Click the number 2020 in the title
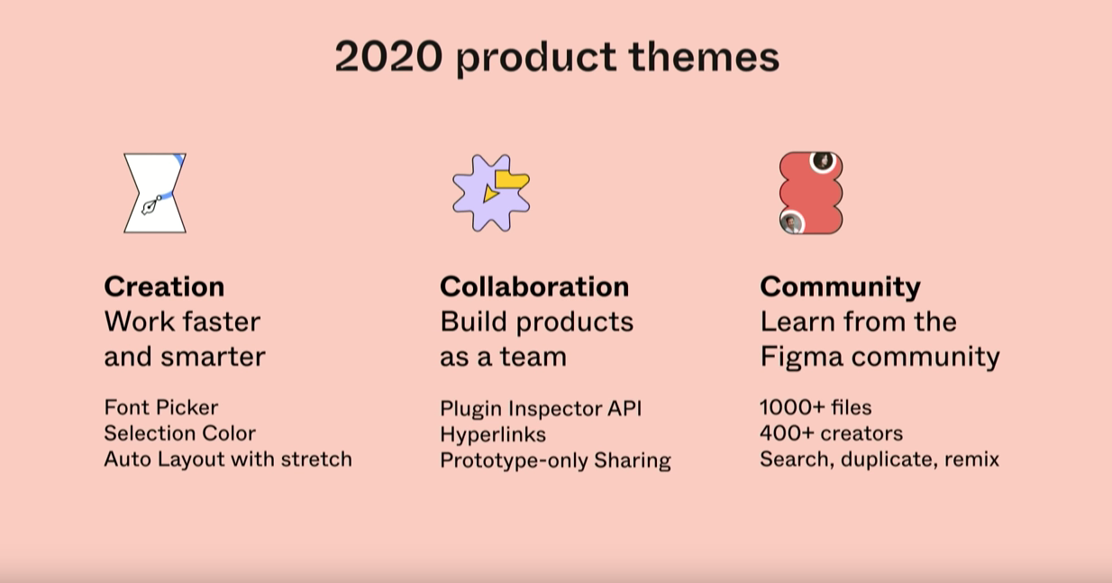tap(388, 57)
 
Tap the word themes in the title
tap(704, 57)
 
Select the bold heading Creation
tap(164, 287)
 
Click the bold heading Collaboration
tap(534, 287)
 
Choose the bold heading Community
tap(841, 288)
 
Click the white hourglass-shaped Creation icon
tap(155, 193)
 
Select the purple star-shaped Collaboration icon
tap(491, 193)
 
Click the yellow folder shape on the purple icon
tap(512, 179)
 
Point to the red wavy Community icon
tap(811, 193)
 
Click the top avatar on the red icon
tap(823, 161)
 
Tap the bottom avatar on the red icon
tap(791, 222)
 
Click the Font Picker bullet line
tap(161, 407)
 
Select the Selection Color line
tap(179, 433)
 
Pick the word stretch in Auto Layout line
tap(316, 459)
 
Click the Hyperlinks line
tap(493, 435)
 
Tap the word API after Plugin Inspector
tap(624, 409)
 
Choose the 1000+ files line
tap(816, 407)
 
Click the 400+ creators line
tap(832, 433)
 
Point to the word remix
tap(971, 460)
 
